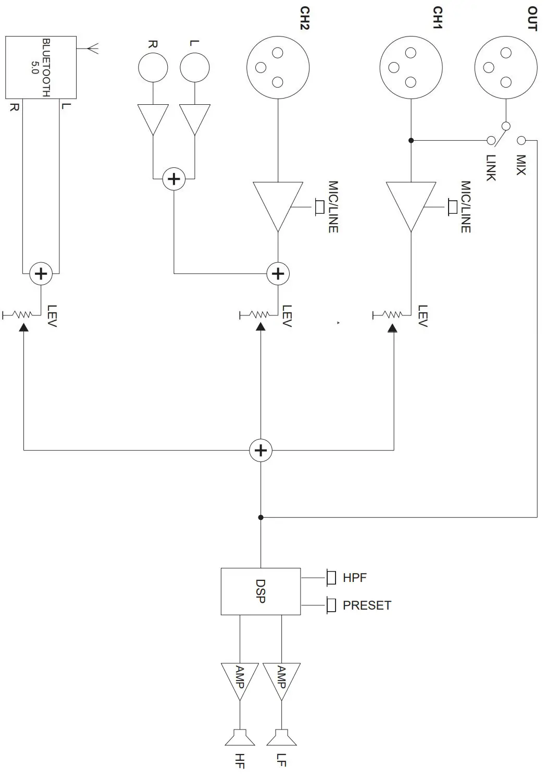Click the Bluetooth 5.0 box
41,67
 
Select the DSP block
260,591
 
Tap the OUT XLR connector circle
505,68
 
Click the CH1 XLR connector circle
411,68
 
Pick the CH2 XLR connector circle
278,68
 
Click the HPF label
354,578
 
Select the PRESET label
366,605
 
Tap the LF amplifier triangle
281,679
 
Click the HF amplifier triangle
240,679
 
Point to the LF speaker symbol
281,738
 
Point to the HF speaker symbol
240,738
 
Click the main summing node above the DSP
260,451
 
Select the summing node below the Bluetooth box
41,274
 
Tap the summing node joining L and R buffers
174,179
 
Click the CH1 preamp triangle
411,203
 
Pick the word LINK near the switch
491,168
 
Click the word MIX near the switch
521,165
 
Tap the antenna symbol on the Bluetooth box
92,49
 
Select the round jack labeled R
153,68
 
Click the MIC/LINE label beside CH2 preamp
333,207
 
